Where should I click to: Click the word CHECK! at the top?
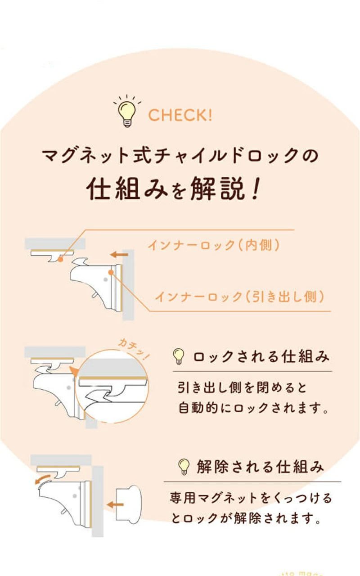point(180,115)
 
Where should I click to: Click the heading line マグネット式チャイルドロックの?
point(180,156)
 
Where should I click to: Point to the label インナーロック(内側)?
point(214,245)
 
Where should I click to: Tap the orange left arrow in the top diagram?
point(119,255)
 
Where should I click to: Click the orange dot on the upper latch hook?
point(60,259)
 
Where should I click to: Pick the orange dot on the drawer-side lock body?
point(111,272)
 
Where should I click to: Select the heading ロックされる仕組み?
point(261,357)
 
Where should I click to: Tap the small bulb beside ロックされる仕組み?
point(179,356)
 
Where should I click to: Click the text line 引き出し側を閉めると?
point(242,388)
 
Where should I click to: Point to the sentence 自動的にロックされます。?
point(253,408)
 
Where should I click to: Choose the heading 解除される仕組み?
point(260,467)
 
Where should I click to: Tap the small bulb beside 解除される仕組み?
point(184,467)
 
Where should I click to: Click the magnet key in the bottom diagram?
point(129,504)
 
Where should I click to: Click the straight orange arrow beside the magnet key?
point(115,505)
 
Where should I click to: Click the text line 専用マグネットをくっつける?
point(251,498)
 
